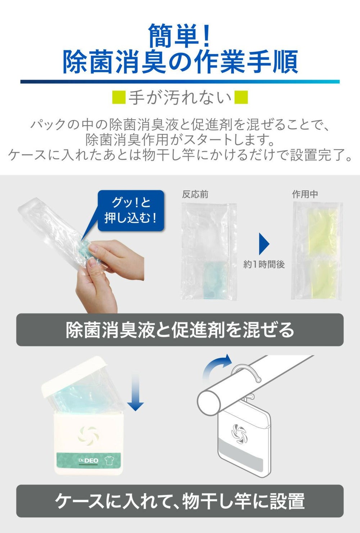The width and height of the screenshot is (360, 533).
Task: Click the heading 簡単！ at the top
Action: point(179,36)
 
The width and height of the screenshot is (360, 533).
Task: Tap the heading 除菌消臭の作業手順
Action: point(180,62)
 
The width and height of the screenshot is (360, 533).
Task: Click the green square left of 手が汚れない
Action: point(119,97)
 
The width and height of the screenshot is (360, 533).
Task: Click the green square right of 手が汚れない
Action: point(241,97)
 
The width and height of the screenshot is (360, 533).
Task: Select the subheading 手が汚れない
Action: point(180,98)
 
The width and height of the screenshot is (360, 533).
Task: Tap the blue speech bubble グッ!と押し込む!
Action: point(131,210)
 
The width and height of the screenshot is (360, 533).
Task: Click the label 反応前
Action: point(195,194)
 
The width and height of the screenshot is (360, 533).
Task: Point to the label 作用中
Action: point(305,194)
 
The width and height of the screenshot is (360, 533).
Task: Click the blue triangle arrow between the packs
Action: point(264,244)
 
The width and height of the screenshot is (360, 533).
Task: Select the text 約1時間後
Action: point(264,265)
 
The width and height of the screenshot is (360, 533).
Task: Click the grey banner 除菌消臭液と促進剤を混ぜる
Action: point(180,330)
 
